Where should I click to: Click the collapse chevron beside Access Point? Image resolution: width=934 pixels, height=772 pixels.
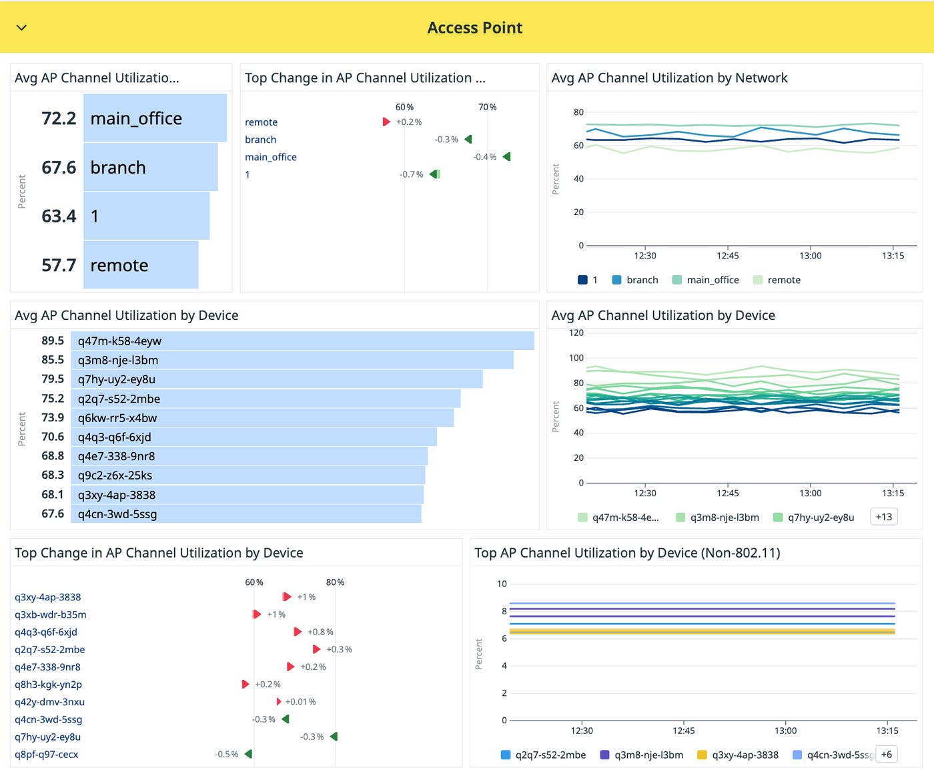coord(21,27)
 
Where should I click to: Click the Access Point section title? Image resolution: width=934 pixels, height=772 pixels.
coord(474,28)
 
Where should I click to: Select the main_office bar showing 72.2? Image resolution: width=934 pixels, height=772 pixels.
coord(155,118)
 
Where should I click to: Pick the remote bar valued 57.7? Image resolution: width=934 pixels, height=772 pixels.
coord(141,265)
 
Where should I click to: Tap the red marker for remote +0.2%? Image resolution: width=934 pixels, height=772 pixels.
coord(386,122)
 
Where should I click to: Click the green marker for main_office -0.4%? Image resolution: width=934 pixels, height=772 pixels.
coord(507,157)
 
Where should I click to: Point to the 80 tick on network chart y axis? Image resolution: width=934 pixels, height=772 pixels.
coord(578,112)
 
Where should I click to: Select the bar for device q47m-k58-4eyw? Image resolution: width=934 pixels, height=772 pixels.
coord(302,341)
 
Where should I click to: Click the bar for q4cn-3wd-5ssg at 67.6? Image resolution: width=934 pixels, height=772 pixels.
coord(246,514)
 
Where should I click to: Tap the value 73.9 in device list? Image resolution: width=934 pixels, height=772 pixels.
coord(53,417)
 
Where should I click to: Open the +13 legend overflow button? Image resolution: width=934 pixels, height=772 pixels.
coord(884,517)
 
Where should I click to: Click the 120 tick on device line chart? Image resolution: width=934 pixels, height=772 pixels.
coord(576,333)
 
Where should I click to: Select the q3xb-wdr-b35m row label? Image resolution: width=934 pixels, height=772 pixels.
coord(51,614)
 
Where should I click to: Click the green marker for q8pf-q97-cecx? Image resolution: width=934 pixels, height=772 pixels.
coord(248,754)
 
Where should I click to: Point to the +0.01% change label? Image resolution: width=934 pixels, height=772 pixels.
coord(300,702)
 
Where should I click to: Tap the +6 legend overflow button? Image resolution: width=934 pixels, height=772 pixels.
coord(886,754)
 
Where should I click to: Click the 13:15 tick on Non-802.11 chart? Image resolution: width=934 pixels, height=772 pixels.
coord(887,731)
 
